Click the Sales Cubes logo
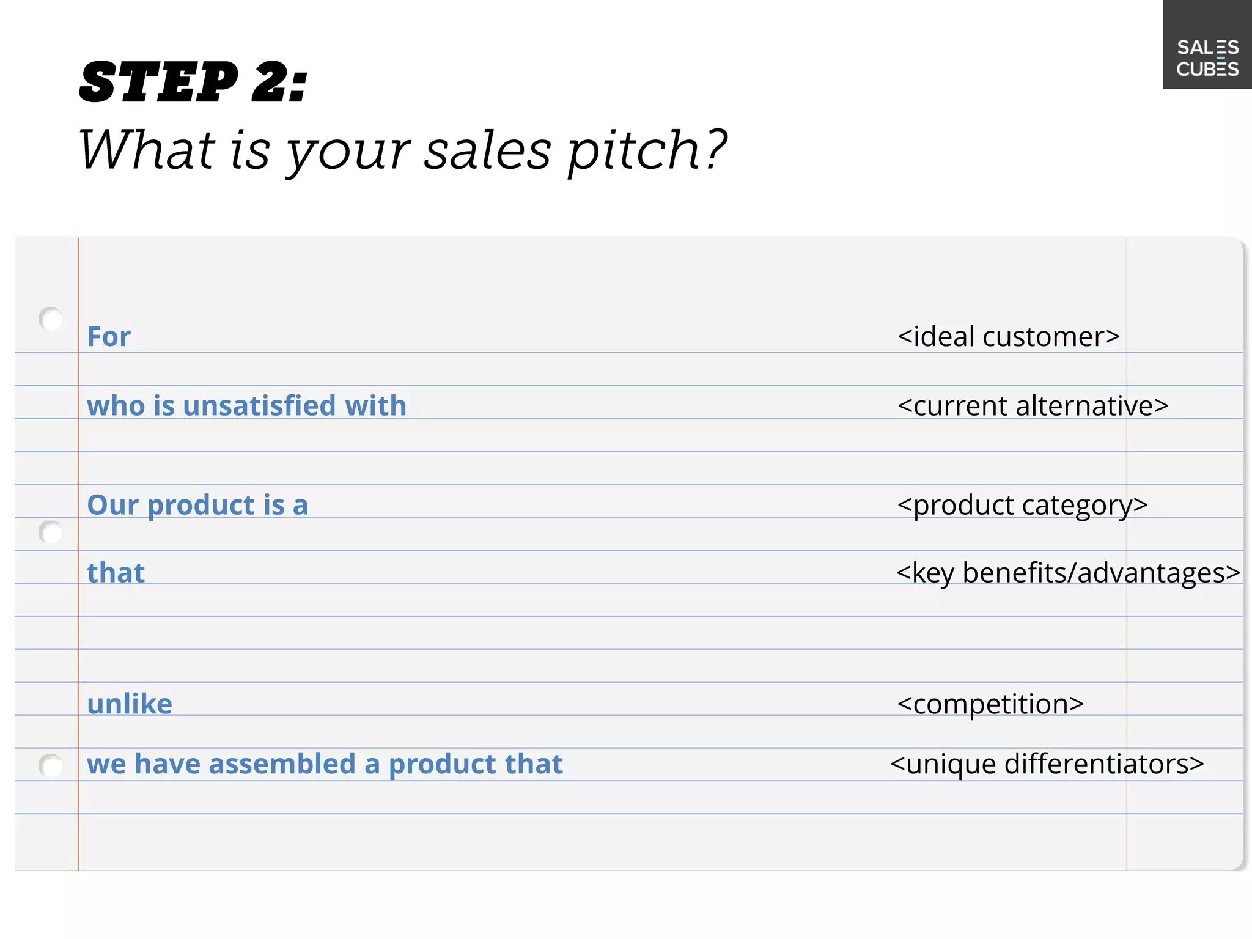click(1207, 58)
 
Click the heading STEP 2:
click(193, 83)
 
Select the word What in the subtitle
click(146, 149)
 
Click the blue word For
click(109, 337)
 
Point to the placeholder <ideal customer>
click(1008, 337)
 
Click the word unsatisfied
click(259, 406)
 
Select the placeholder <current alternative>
click(1033, 406)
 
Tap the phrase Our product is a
click(197, 505)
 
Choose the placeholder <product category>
click(1022, 506)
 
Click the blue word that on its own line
click(116, 573)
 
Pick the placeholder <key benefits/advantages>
click(1067, 573)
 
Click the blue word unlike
click(130, 704)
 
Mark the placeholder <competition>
click(990, 704)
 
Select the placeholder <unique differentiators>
click(1047, 764)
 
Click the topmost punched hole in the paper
click(51, 319)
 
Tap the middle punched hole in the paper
click(51, 532)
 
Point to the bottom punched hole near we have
click(51, 765)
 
